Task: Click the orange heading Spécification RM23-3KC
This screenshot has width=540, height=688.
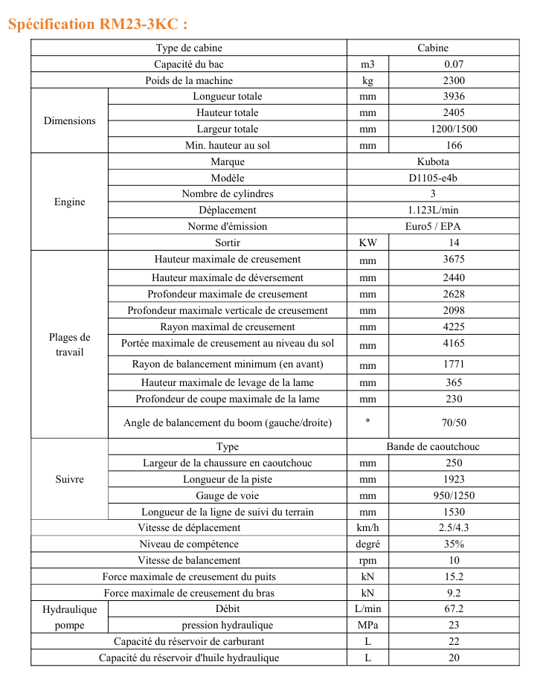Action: (91, 24)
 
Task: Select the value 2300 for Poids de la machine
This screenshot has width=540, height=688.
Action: (454, 80)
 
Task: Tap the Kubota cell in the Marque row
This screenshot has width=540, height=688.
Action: (433, 161)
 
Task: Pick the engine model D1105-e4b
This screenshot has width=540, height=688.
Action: (433, 178)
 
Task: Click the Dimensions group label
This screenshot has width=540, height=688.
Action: (69, 120)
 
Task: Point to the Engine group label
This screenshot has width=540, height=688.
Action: (69, 202)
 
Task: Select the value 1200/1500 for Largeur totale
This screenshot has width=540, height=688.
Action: (454, 129)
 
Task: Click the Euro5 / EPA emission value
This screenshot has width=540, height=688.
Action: (433, 226)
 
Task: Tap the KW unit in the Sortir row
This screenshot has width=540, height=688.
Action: (367, 242)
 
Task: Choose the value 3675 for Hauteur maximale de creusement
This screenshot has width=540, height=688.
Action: (454, 260)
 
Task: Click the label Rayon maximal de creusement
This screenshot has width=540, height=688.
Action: (228, 327)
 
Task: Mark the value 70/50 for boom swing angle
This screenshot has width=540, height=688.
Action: (454, 422)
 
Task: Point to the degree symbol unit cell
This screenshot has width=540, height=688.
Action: (367, 421)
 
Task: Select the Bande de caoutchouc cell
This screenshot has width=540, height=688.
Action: (433, 446)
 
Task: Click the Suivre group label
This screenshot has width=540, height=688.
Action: (69, 479)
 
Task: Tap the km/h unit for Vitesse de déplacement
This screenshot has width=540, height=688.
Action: (367, 527)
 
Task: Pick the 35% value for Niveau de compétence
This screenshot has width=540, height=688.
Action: (454, 544)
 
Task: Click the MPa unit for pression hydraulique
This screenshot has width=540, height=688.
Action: (367, 625)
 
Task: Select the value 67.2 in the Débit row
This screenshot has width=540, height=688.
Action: (454, 608)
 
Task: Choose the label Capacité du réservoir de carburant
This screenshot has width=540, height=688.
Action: (189, 641)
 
